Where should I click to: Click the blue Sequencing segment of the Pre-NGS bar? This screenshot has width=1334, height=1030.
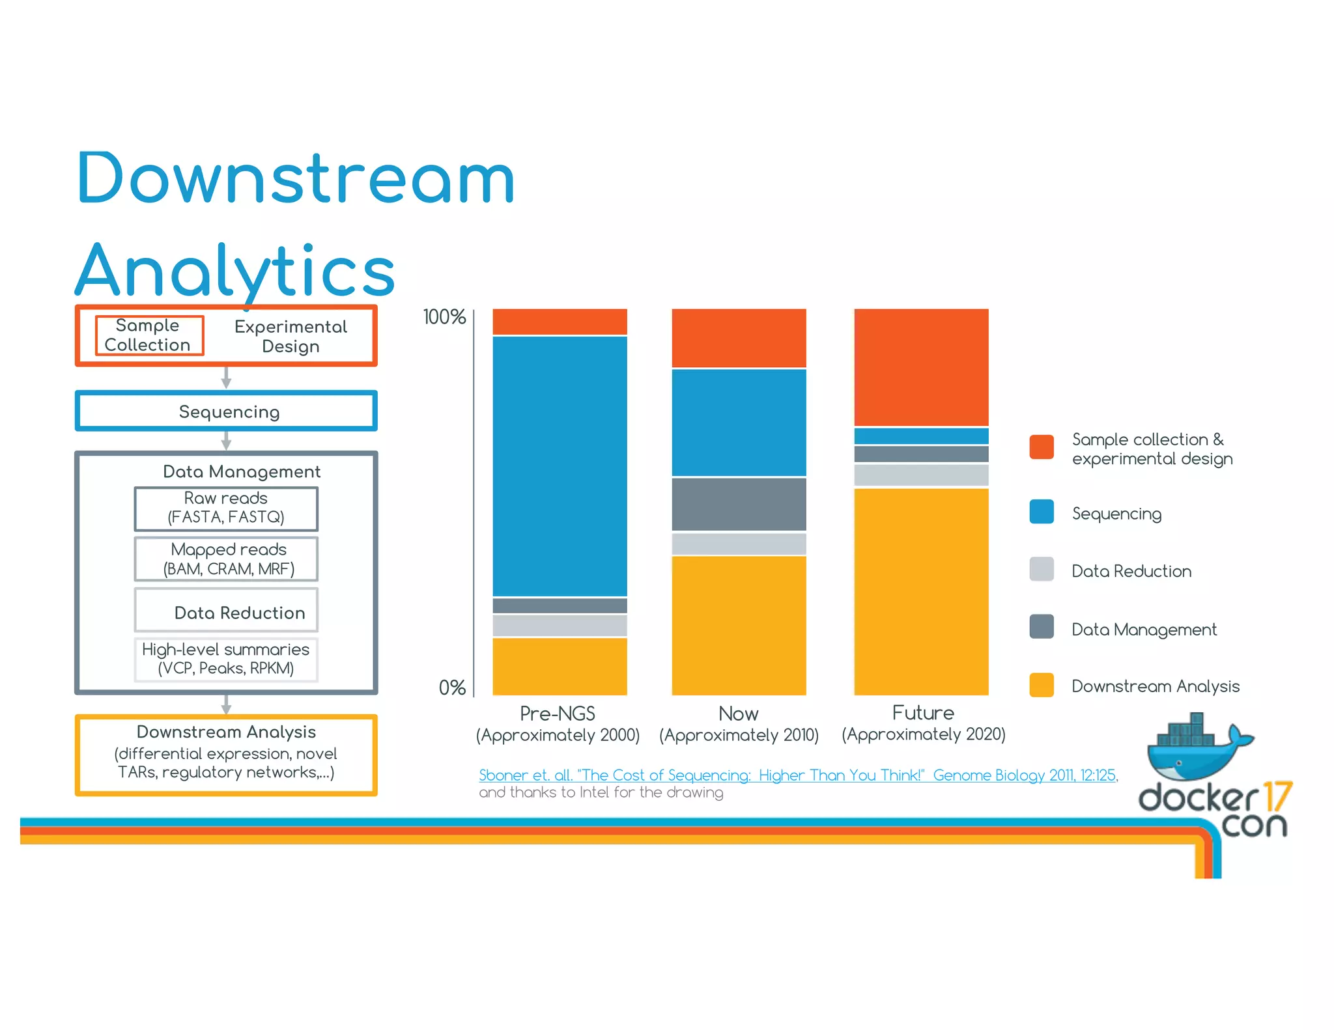[560, 466]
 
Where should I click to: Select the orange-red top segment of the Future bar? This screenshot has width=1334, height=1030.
[921, 367]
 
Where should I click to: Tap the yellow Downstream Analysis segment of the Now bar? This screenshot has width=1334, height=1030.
[739, 625]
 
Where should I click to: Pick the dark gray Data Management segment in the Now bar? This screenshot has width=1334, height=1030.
[739, 504]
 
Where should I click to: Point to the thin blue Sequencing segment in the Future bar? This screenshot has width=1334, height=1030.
[921, 436]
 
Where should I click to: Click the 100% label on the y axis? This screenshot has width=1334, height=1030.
[444, 317]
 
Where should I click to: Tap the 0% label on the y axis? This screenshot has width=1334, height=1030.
[452, 688]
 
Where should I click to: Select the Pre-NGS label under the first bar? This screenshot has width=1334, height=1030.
[558, 714]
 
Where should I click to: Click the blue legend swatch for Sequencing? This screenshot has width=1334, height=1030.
[1042, 512]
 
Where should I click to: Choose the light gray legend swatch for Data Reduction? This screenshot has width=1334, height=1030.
[1042, 569]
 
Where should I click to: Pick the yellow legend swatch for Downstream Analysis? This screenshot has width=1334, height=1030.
[1042, 685]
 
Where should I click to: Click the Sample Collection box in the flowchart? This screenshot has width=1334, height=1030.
[149, 335]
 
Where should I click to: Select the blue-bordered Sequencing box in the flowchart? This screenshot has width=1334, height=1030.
[226, 411]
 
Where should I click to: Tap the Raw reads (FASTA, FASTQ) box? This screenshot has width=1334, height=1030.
[226, 508]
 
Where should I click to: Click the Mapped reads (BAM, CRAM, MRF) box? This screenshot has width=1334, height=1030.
[226, 559]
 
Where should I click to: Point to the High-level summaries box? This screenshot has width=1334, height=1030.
[226, 659]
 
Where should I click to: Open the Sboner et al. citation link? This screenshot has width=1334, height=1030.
[797, 775]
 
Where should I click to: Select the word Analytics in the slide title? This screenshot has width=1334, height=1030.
[236, 270]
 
